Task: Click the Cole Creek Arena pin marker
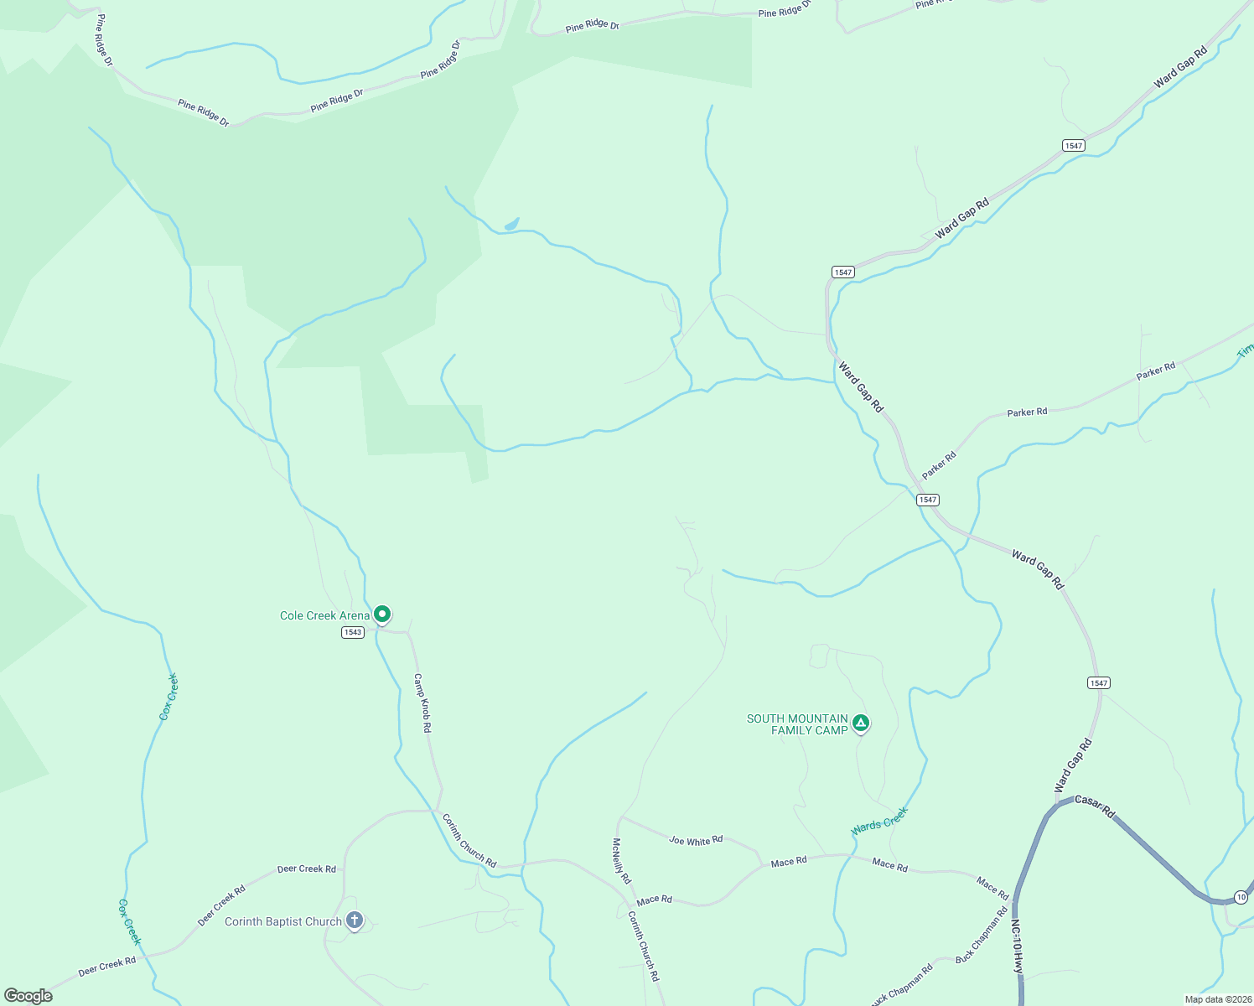382,615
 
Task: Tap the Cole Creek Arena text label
324,616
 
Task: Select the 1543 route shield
353,632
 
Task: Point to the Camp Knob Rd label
422,703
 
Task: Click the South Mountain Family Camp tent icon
860,723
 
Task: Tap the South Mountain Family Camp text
797,724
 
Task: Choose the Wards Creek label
880,821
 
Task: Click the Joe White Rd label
696,840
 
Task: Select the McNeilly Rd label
621,861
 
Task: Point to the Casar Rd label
1095,806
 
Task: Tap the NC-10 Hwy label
1017,946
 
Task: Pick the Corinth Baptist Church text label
283,921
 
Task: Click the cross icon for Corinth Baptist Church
355,921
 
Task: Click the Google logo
28,996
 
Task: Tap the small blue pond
511,224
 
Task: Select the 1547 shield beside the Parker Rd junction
927,500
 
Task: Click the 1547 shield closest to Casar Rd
1099,682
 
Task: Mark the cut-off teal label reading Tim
1246,350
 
